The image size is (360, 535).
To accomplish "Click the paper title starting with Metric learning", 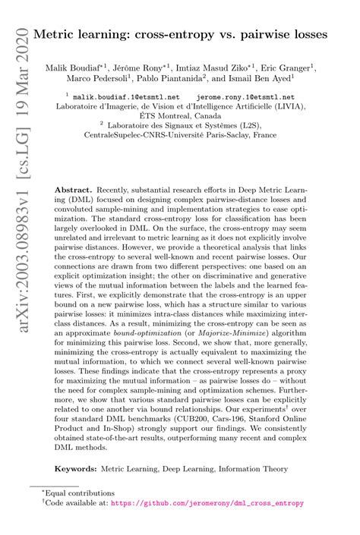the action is point(189,36).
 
